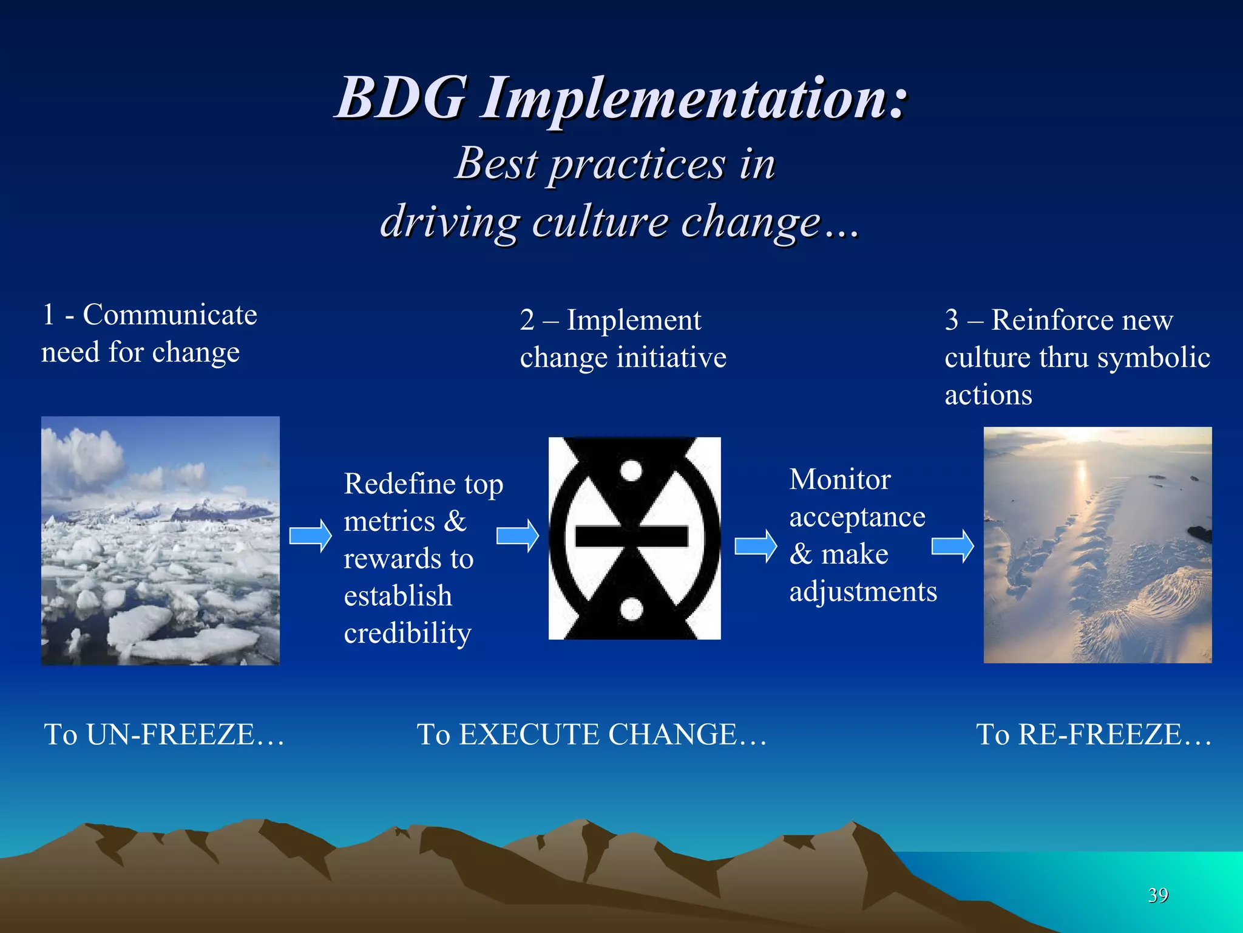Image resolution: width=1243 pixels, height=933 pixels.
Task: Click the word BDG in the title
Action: [401, 98]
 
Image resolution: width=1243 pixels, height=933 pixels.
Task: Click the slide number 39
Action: [1158, 895]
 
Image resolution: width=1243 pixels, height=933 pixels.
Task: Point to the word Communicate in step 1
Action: [170, 315]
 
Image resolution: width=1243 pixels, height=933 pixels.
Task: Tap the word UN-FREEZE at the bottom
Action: [170, 734]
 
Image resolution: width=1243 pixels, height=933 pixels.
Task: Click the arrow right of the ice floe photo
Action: [310, 536]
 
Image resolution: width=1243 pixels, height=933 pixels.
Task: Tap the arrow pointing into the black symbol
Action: [517, 536]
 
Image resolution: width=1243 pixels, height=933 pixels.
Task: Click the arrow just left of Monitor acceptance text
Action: [755, 546]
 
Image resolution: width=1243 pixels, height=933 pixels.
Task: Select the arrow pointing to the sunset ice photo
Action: [952, 546]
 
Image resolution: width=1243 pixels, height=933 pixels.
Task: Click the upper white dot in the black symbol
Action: [631, 471]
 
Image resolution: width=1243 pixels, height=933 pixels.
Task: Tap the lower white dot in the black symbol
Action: [631, 609]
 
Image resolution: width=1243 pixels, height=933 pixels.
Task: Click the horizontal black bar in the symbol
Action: [631, 536]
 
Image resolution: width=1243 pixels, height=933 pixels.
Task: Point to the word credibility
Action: [407, 634]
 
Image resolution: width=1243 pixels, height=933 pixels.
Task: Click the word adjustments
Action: [862, 592]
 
